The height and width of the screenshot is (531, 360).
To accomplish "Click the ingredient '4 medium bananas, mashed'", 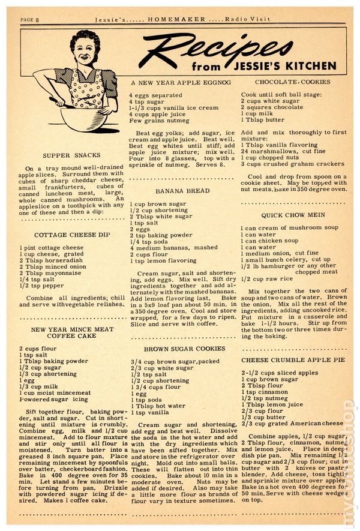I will point(174,247).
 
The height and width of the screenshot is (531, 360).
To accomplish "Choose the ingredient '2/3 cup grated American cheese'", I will point(292,424).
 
